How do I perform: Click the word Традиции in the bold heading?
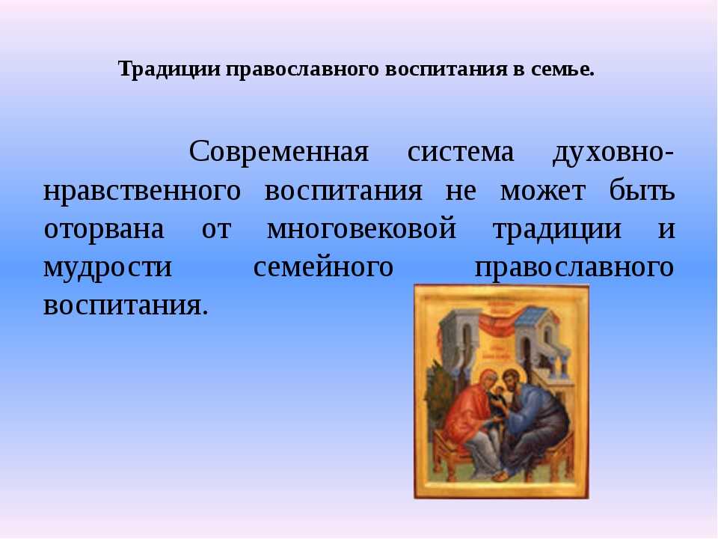point(171,70)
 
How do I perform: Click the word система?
point(460,152)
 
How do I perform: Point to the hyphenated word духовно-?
point(613,153)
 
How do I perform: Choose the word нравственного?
point(142,192)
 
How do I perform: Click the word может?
point(543,191)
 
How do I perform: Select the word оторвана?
point(104,230)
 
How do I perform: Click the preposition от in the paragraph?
point(217,229)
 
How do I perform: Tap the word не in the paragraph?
point(461,192)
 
